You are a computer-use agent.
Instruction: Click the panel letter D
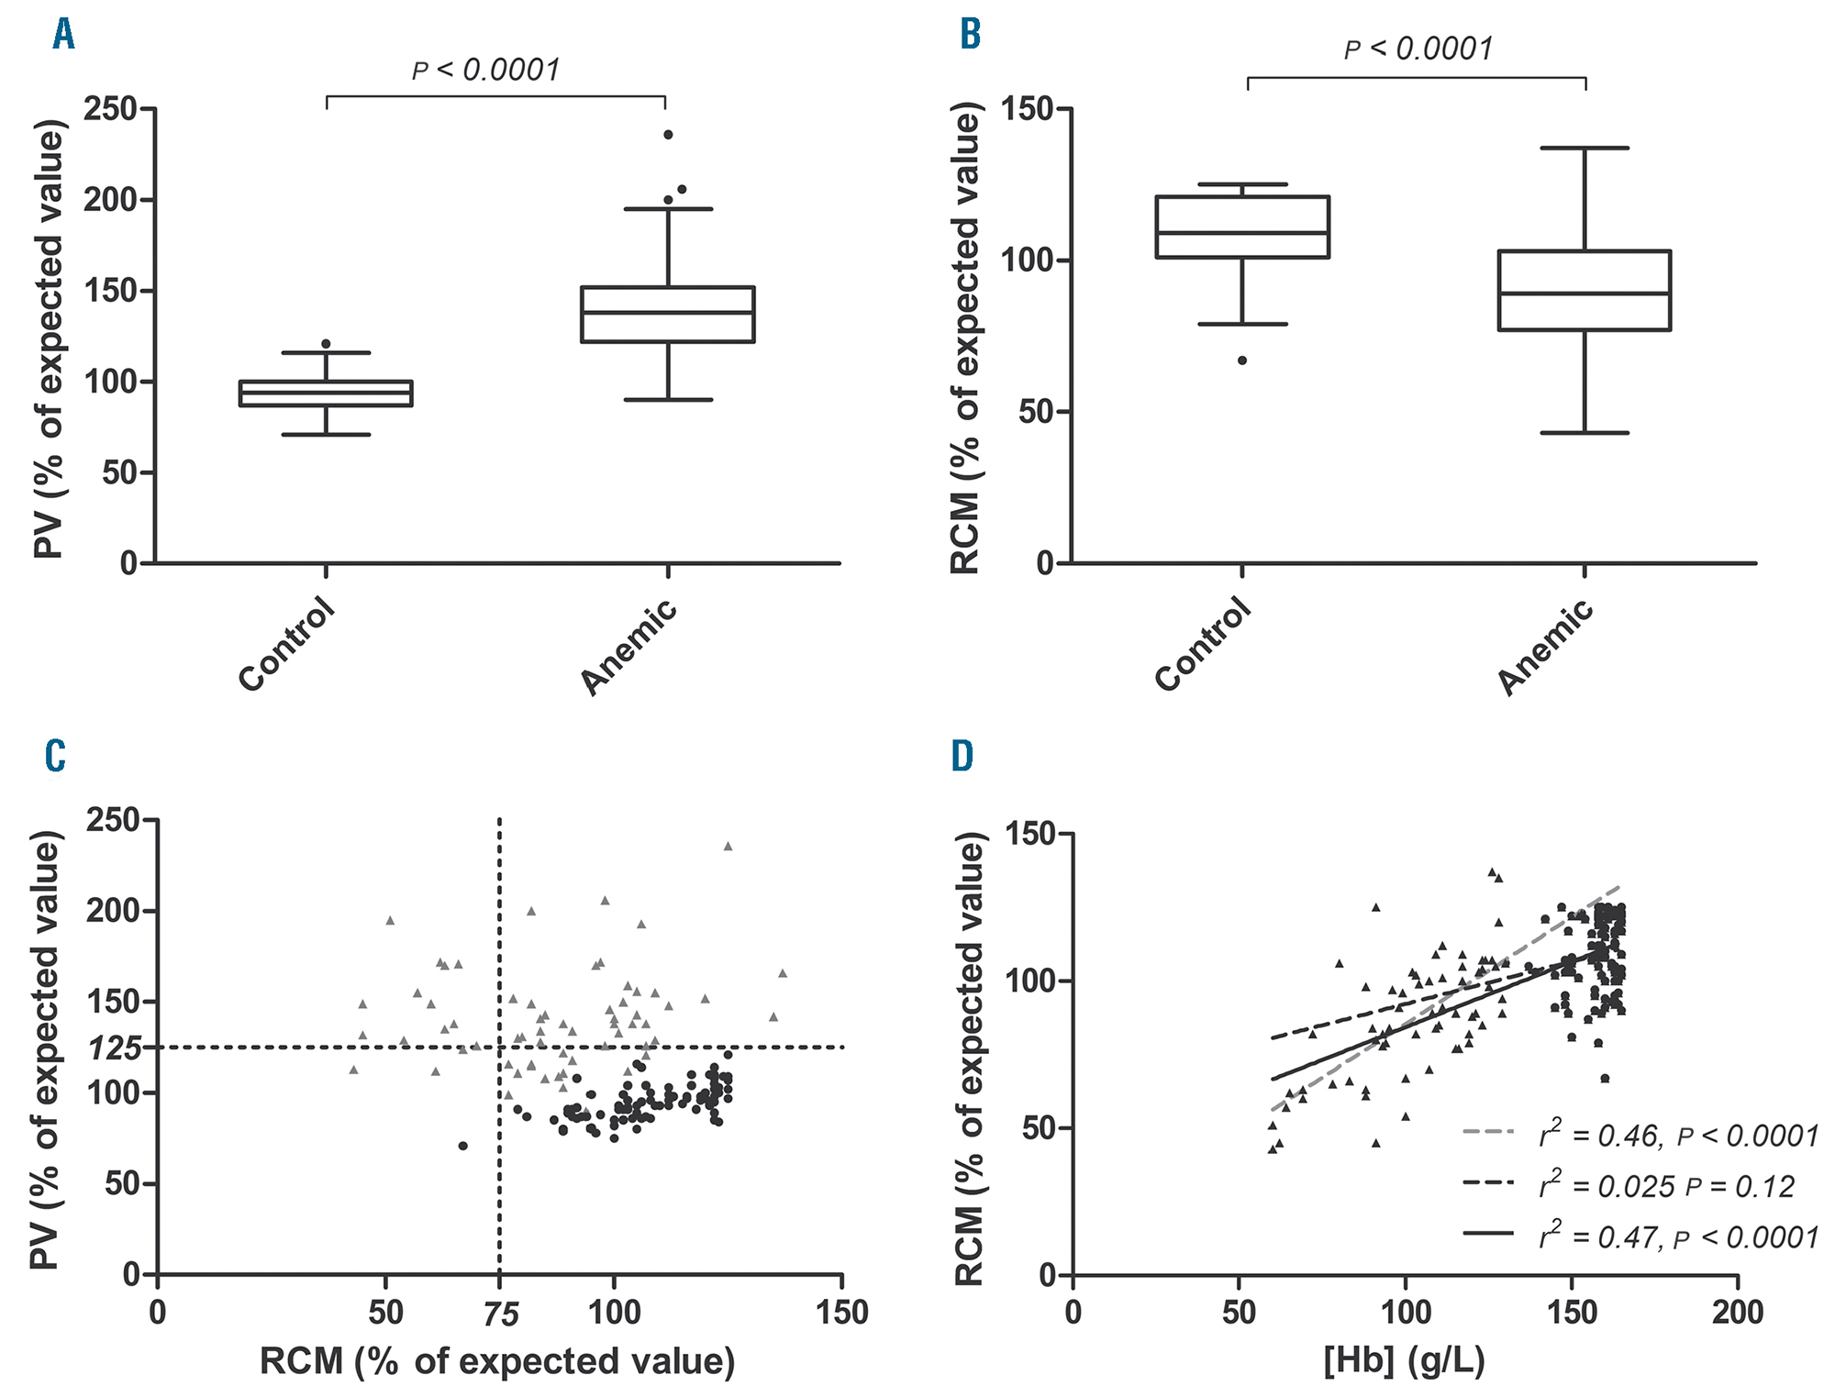click(x=962, y=757)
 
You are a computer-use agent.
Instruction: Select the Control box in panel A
click(x=326, y=394)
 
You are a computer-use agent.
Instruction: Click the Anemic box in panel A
click(x=668, y=315)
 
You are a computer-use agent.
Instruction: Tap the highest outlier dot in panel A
click(x=668, y=135)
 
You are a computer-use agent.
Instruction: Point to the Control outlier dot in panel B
click(x=1242, y=360)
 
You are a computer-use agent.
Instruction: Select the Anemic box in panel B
click(x=1585, y=290)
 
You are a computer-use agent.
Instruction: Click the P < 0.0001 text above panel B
click(x=1418, y=49)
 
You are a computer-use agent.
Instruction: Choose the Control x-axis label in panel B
click(x=1203, y=644)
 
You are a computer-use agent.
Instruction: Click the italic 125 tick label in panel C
click(x=115, y=1048)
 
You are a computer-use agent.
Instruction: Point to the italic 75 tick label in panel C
click(x=500, y=1315)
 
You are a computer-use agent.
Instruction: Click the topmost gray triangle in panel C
click(x=728, y=847)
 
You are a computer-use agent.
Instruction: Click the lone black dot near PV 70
click(x=463, y=1146)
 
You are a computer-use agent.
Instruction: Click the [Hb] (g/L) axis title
click(x=1404, y=1361)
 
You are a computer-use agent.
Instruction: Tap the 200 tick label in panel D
click(x=1737, y=1313)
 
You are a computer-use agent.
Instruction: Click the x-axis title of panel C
click(x=497, y=1362)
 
